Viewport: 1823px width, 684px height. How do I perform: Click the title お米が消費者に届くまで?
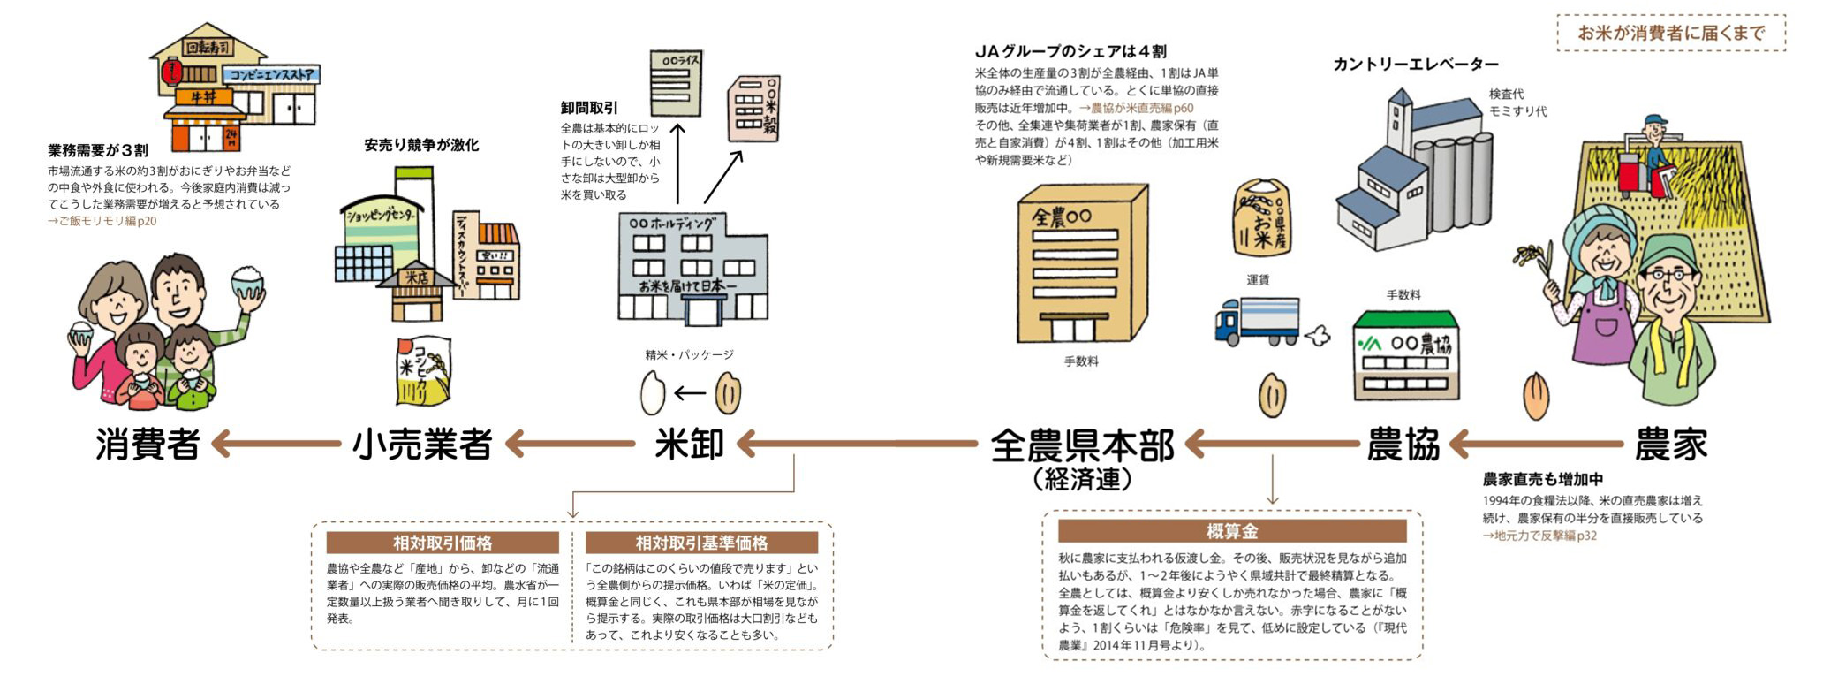tap(1670, 34)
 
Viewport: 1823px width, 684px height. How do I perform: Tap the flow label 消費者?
tap(148, 445)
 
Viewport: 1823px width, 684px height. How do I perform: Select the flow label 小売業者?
tap(421, 445)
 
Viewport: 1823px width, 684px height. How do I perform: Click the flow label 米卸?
tap(689, 445)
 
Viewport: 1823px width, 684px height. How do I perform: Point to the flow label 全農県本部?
tap(1082, 445)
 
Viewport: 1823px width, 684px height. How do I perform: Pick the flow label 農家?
tap(1670, 445)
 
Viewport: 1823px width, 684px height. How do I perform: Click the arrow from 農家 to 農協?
tap(1535, 444)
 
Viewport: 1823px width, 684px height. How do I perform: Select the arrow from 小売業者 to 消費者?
tap(276, 444)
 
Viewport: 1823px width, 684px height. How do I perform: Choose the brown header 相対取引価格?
tap(442, 543)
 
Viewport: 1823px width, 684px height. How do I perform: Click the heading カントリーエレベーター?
tap(1415, 65)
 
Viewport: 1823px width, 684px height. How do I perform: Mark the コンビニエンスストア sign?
tap(269, 76)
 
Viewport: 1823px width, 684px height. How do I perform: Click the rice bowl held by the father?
tap(246, 285)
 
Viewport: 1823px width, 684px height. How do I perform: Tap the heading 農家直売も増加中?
tap(1542, 480)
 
